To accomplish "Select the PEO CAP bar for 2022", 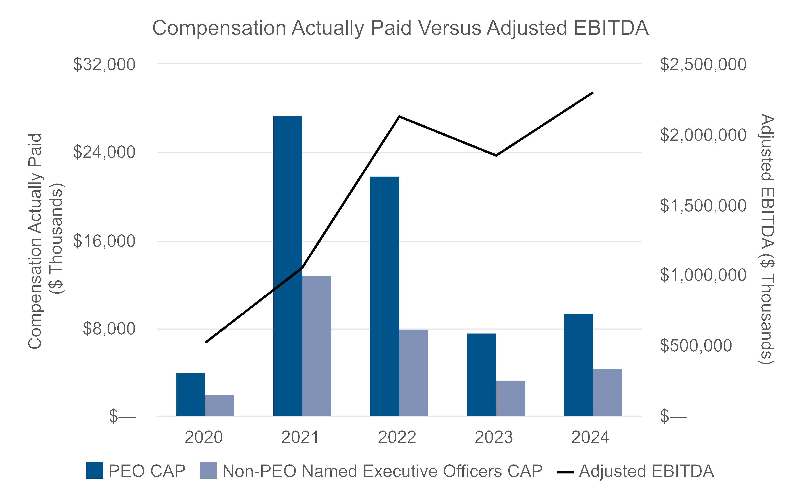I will tap(385, 296).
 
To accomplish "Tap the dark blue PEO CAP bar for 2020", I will tap(191, 395).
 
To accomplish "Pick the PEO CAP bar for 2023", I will tap(482, 375).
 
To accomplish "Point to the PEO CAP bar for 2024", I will tap(578, 365).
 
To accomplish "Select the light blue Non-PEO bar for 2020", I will tap(220, 405).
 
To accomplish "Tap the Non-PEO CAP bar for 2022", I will tap(414, 372).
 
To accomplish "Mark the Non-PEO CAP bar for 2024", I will tap(607, 392).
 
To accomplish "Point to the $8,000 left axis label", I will tap(109, 329).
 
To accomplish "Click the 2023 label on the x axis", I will tap(494, 437).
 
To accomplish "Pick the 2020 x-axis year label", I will tap(204, 437).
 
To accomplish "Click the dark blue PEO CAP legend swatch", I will tap(95, 470).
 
